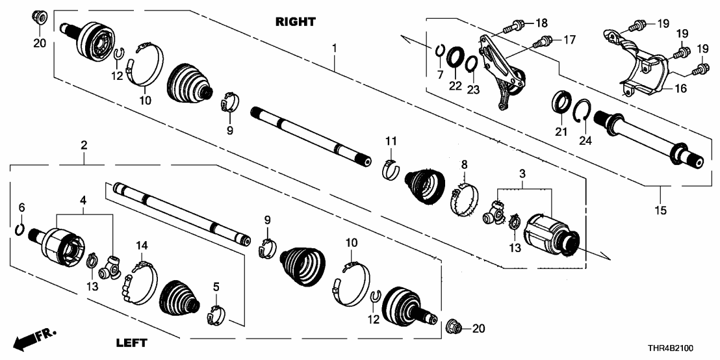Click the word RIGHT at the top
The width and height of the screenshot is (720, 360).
click(296, 21)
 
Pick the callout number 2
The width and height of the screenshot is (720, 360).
click(84, 146)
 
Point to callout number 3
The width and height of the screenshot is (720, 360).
click(523, 174)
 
